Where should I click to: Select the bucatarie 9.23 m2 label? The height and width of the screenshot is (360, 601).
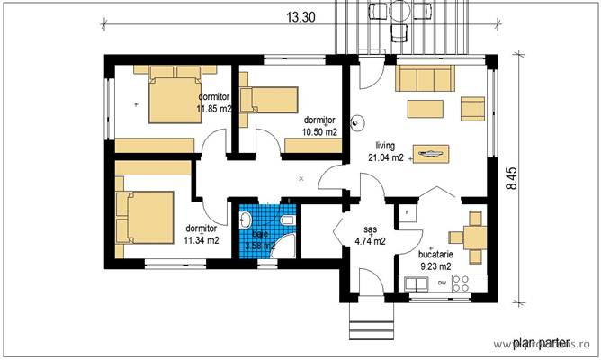click(436, 260)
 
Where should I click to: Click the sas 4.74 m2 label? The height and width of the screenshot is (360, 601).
click(368, 236)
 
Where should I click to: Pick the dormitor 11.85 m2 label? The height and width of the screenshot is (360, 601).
click(214, 103)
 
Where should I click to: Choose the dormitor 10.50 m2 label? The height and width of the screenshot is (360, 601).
click(319, 125)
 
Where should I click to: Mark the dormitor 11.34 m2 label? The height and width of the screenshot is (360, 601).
click(202, 234)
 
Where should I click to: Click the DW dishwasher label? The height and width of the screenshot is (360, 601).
click(442, 283)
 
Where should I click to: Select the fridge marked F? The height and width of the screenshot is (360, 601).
click(408, 212)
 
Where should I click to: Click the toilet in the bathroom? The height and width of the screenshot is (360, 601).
click(286, 221)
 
